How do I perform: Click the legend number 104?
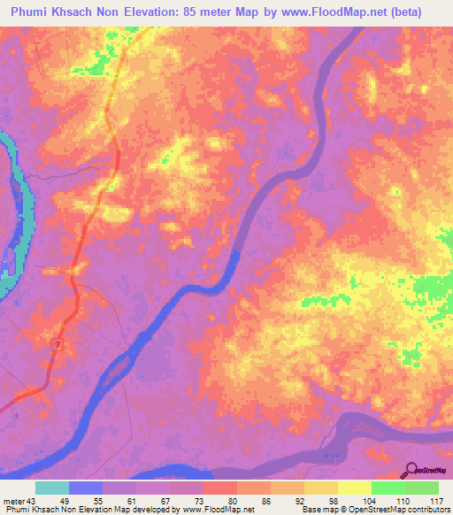point(355,501)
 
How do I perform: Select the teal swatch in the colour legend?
point(52,488)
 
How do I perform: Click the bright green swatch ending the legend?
point(422,488)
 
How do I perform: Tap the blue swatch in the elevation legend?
point(86,488)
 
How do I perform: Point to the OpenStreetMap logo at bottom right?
point(425,472)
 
